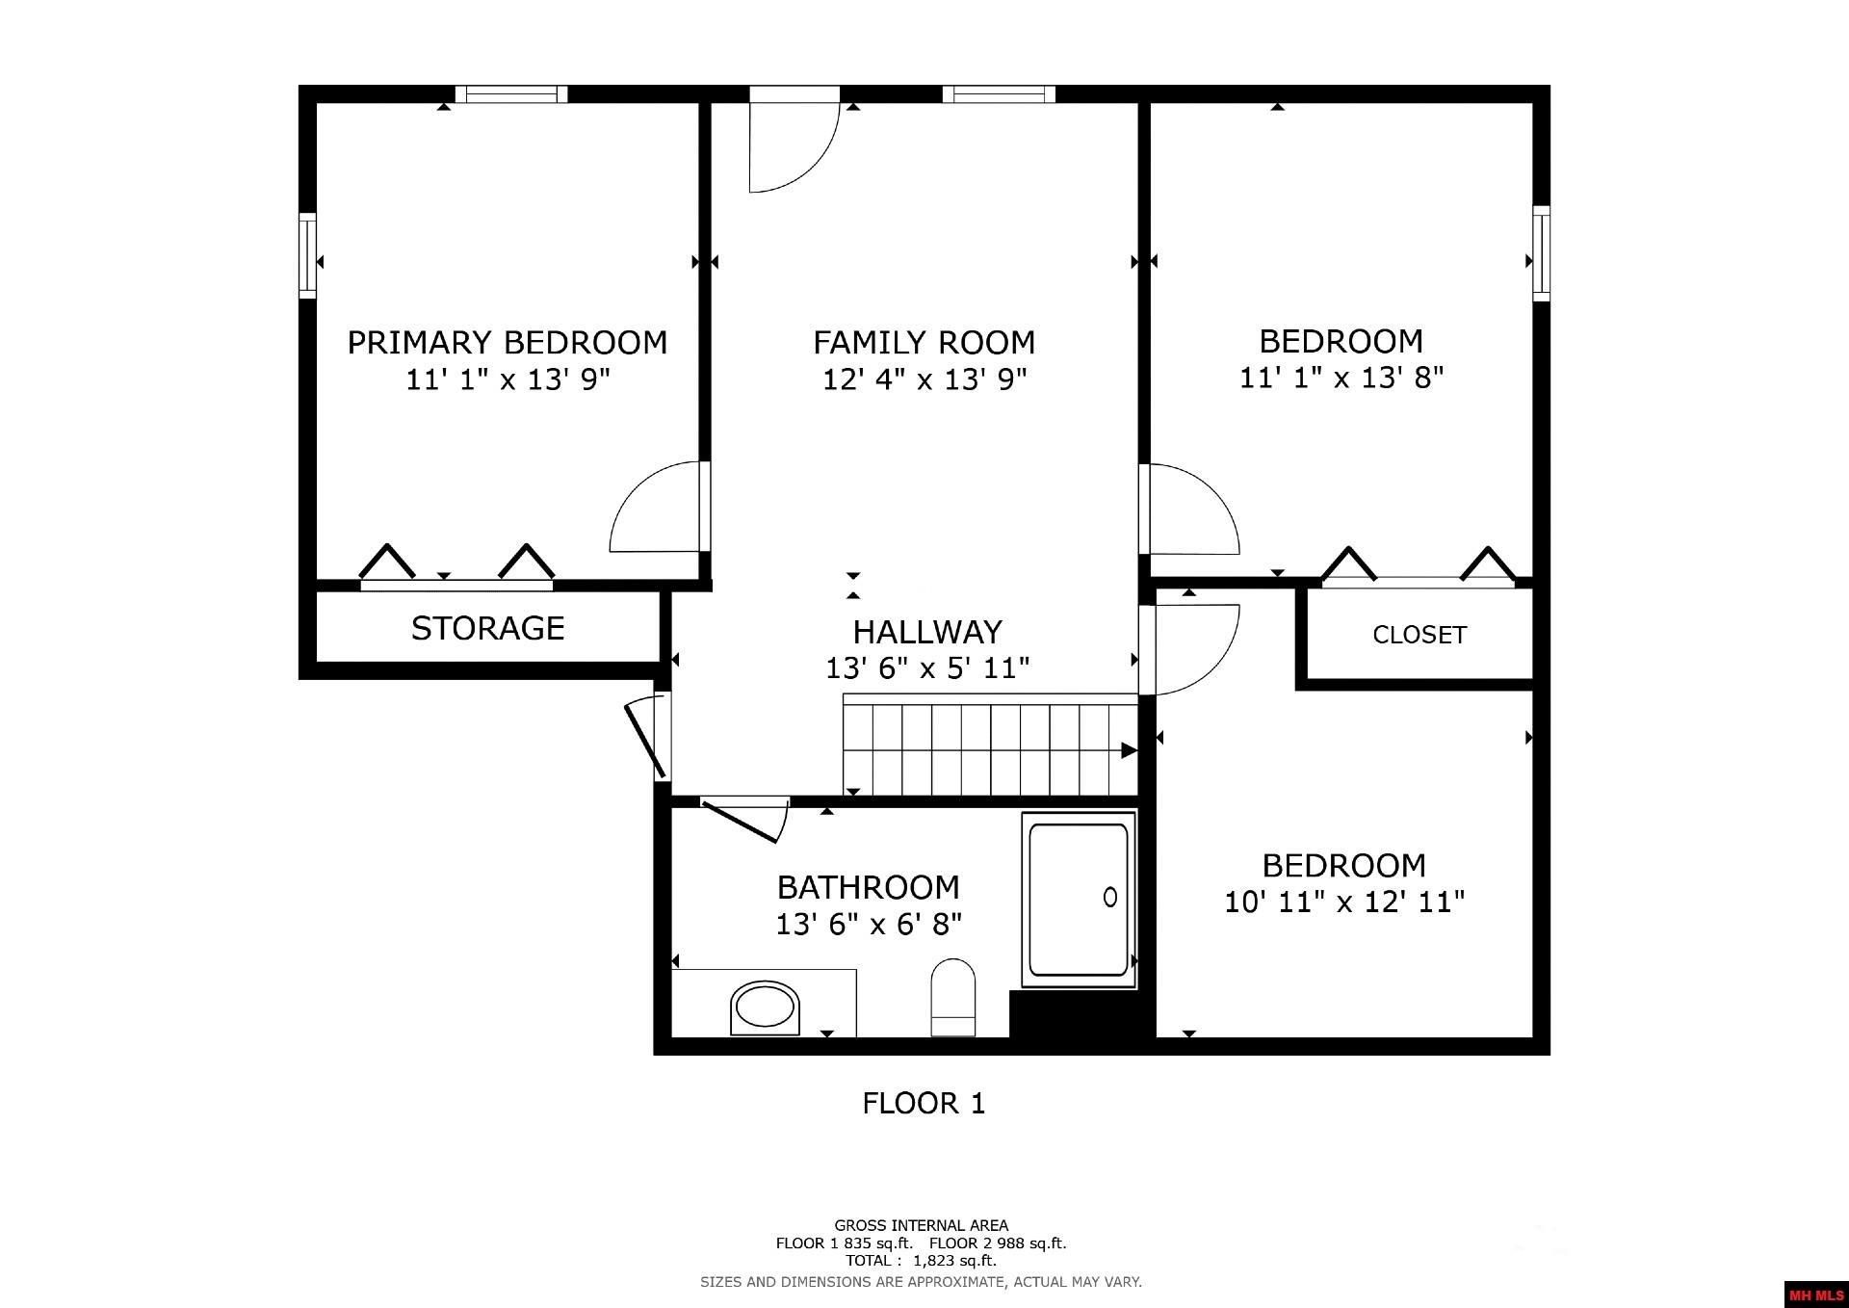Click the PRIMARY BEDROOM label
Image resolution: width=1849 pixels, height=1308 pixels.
(x=507, y=343)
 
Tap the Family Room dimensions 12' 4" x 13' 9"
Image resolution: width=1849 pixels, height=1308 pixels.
(x=924, y=379)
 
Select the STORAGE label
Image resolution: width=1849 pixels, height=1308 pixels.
(x=487, y=628)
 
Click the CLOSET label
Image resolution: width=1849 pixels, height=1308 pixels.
(x=1419, y=635)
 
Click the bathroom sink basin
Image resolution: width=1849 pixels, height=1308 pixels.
(x=766, y=1008)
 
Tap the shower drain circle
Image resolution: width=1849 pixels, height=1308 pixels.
(x=1109, y=897)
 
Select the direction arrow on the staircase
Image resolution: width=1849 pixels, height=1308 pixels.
(x=1129, y=750)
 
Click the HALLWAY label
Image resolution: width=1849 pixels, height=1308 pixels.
(x=927, y=632)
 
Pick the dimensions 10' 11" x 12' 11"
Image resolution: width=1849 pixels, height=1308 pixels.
(x=1344, y=903)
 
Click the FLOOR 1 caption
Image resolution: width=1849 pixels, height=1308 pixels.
(x=924, y=1103)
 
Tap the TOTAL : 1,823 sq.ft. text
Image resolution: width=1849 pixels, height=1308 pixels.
(x=921, y=1260)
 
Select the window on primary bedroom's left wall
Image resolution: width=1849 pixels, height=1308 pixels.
(x=307, y=255)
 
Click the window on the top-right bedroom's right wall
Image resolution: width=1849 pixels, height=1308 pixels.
(x=1541, y=253)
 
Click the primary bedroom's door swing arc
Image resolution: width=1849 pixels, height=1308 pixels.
(x=655, y=508)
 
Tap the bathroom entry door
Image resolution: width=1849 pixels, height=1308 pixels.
(x=742, y=820)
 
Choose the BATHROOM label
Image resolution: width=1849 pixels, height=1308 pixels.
(x=868, y=887)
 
